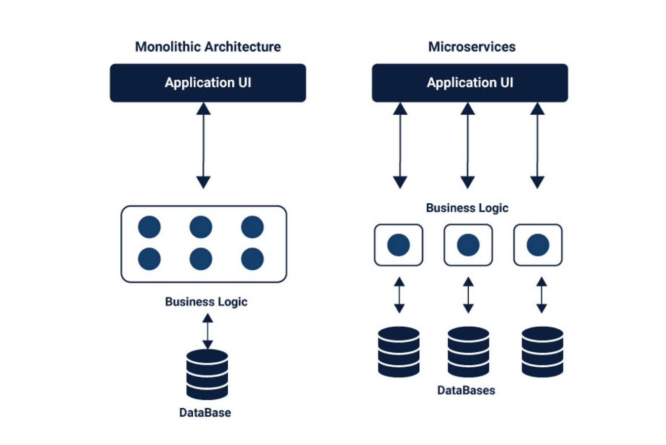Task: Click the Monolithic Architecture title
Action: [208, 47]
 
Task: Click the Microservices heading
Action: [472, 47]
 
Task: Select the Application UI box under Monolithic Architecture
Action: [208, 82]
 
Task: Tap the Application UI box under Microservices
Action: [470, 82]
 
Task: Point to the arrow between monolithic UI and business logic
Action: [203, 146]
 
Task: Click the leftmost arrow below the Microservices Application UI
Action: [400, 146]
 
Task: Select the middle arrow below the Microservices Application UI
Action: [467, 146]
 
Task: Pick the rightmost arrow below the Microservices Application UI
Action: [537, 146]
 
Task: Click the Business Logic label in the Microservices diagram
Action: [467, 208]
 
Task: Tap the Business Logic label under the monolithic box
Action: [206, 301]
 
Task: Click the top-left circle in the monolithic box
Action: [149, 227]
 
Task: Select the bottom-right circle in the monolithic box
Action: [252, 259]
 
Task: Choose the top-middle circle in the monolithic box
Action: [201, 227]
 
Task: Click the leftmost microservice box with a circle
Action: [398, 245]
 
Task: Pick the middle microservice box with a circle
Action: [468, 245]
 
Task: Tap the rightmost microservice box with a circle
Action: [538, 245]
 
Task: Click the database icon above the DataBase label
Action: [207, 374]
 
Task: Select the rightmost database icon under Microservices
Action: [542, 352]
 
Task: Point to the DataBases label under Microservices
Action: [466, 390]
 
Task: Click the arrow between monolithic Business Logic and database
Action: [207, 331]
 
